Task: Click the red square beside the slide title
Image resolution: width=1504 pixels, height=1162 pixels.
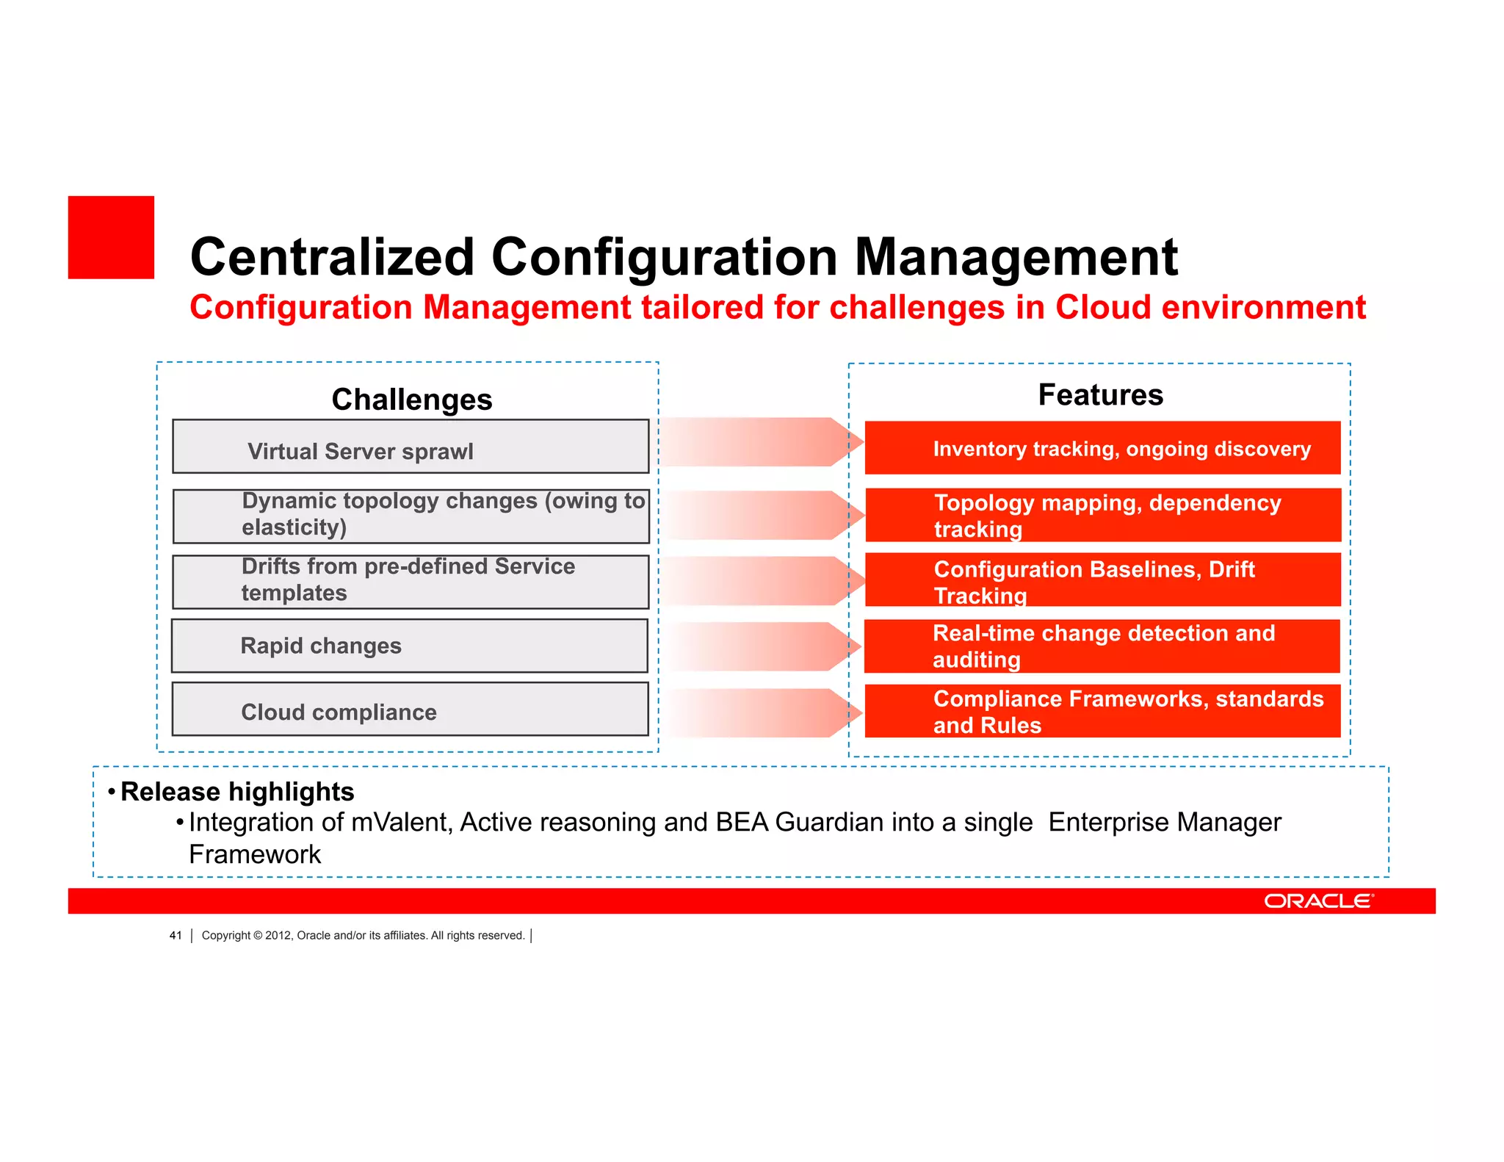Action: pyautogui.click(x=111, y=237)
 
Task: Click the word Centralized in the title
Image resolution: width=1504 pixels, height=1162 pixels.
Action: pyautogui.click(x=332, y=257)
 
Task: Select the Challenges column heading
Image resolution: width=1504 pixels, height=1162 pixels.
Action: pyautogui.click(x=411, y=400)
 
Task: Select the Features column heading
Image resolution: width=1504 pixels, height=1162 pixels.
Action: pyautogui.click(x=1100, y=395)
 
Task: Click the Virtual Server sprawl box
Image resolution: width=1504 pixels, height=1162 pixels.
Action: pyautogui.click(x=411, y=447)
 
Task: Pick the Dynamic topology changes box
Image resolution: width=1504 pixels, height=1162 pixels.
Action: pyautogui.click(x=411, y=516)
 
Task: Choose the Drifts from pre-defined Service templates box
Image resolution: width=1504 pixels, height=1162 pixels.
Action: pyautogui.click(x=411, y=582)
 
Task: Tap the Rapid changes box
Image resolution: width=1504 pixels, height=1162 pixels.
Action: pyautogui.click(x=410, y=646)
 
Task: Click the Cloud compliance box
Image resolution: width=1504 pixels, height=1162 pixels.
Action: pyautogui.click(x=411, y=710)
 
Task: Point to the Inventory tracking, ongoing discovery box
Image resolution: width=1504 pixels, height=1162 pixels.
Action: pyautogui.click(x=1102, y=448)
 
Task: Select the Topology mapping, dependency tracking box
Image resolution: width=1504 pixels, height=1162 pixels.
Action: pyautogui.click(x=1103, y=515)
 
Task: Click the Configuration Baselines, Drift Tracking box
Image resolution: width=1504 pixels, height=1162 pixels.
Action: pyautogui.click(x=1102, y=580)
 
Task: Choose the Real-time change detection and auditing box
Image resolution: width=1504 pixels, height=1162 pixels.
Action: pyautogui.click(x=1102, y=646)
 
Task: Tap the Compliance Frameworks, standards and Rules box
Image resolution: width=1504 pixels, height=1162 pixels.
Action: pyautogui.click(x=1102, y=711)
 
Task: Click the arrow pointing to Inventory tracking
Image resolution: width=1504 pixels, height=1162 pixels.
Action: pyautogui.click(x=760, y=442)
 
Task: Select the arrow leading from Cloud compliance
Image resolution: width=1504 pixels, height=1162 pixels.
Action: pyautogui.click(x=760, y=713)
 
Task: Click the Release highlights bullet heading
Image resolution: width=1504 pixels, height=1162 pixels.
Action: pyautogui.click(x=237, y=792)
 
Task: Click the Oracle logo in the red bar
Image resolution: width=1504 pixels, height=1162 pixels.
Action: pyautogui.click(x=1318, y=901)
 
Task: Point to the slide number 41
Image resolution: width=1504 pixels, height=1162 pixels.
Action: pyautogui.click(x=176, y=935)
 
